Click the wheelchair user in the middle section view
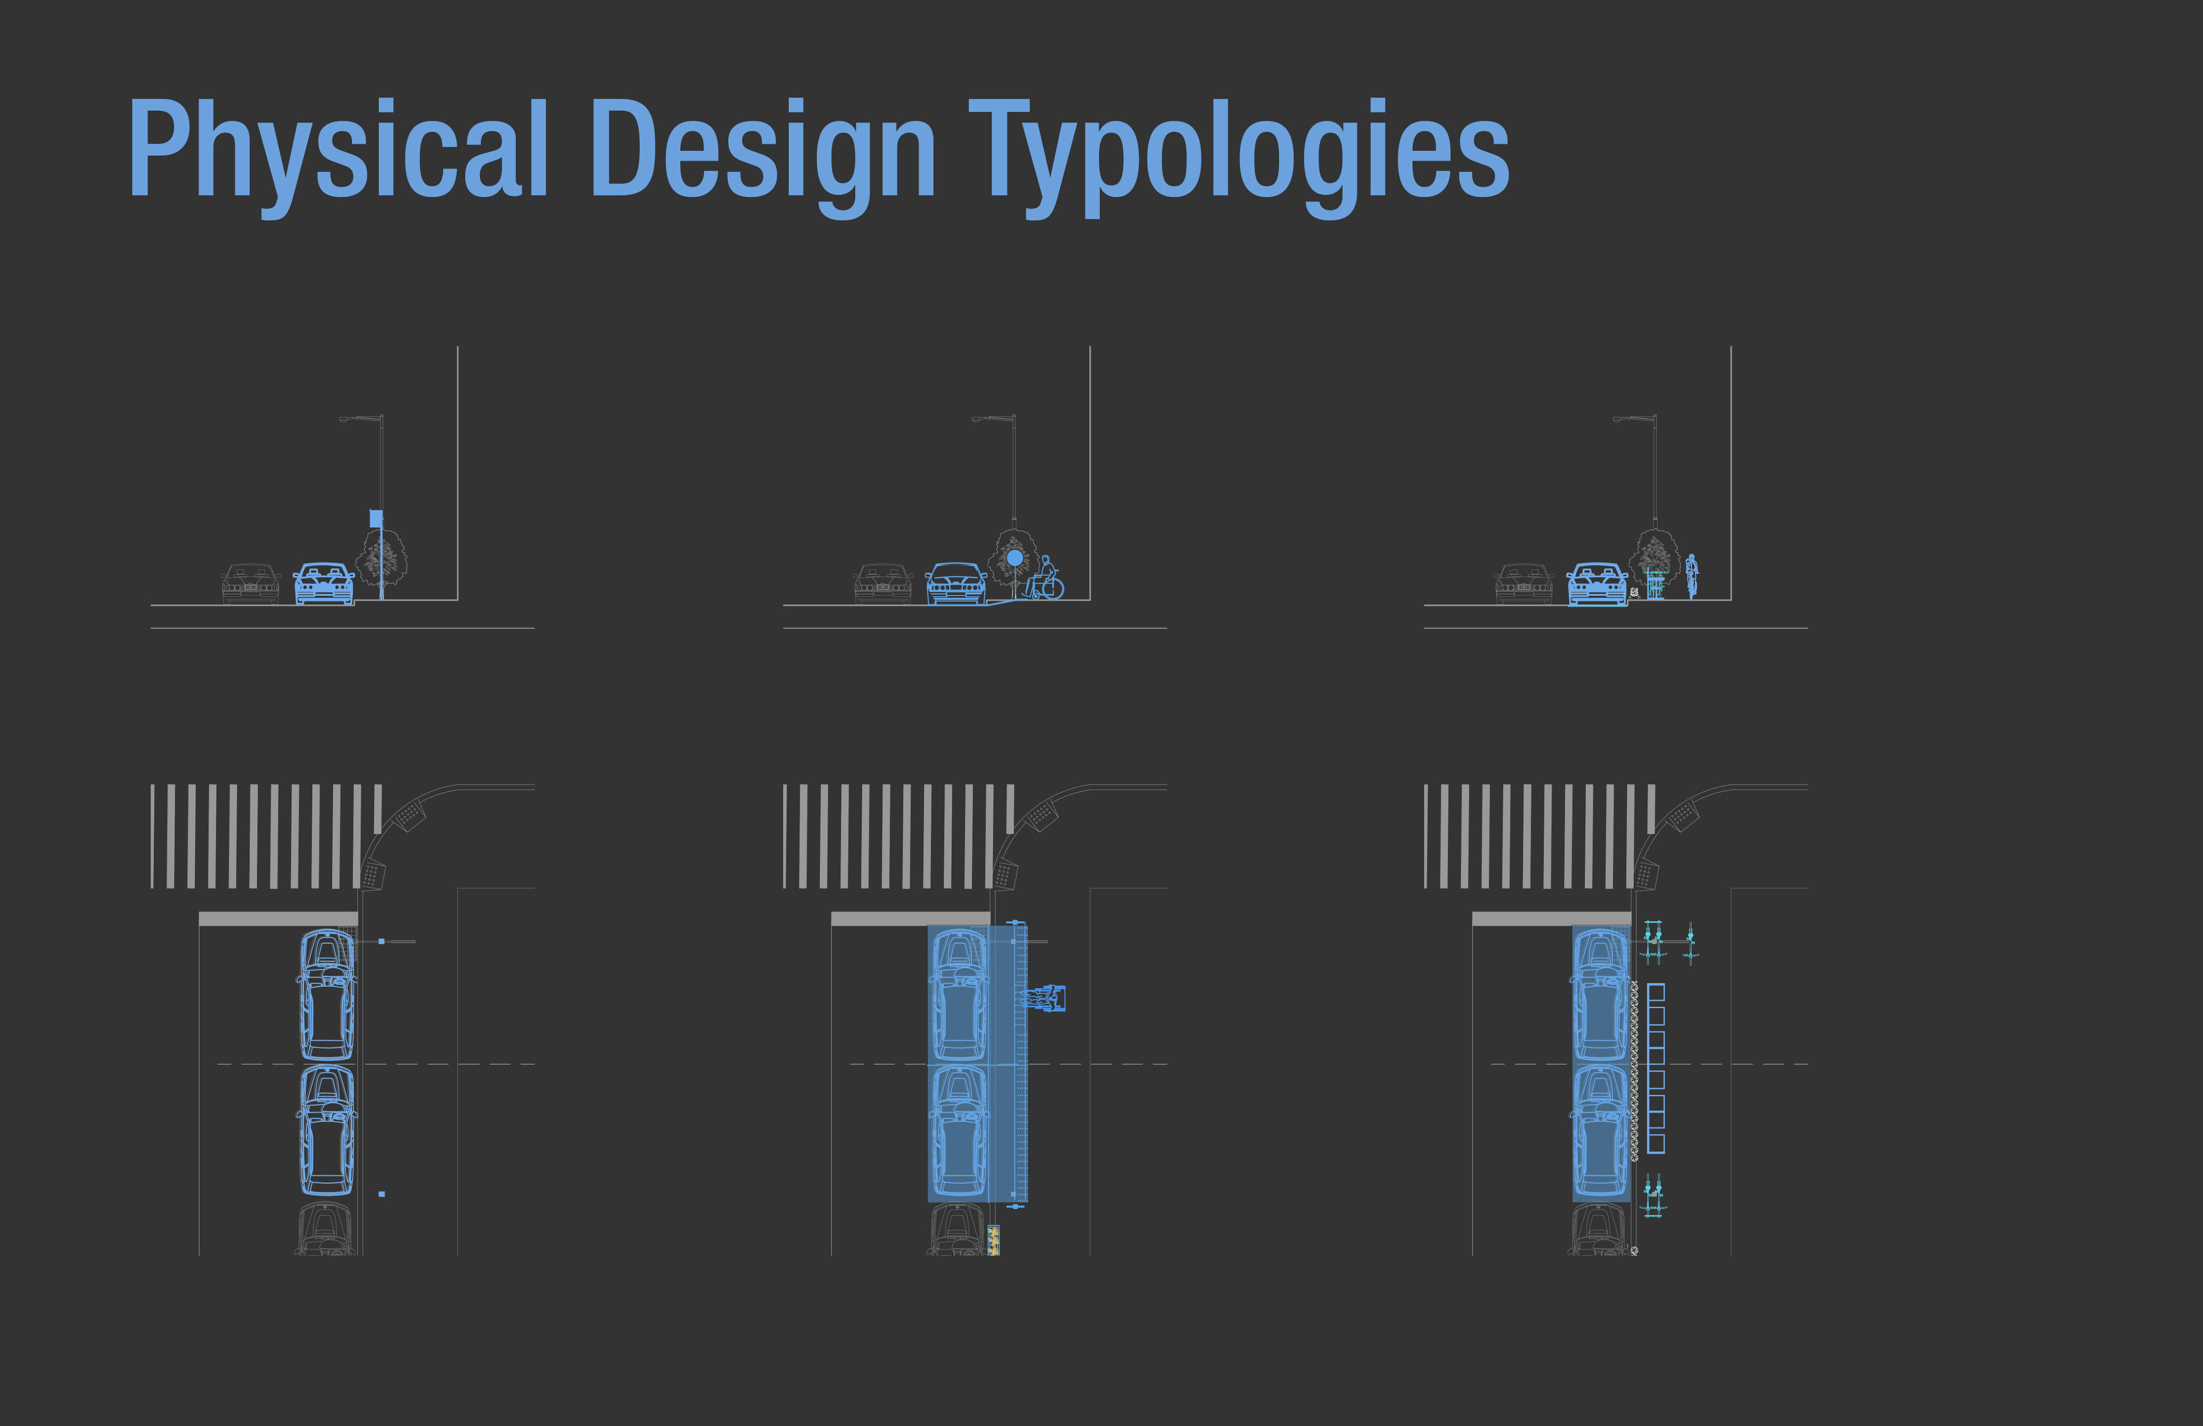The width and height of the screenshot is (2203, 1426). pos(1047,579)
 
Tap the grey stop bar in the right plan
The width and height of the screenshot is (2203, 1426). pos(1551,919)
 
